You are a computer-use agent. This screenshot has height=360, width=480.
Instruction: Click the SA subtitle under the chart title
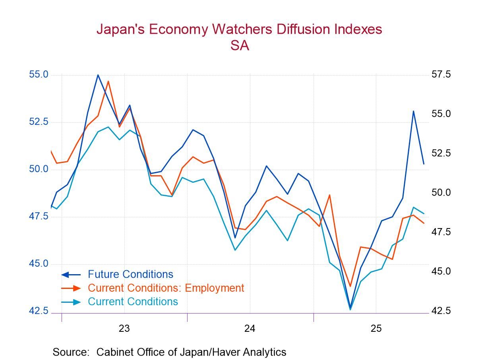(239, 46)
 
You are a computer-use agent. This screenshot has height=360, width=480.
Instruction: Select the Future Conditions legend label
(130, 274)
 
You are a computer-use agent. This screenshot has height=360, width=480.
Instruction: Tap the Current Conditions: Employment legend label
(166, 288)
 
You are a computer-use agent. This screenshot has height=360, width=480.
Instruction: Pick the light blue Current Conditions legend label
(133, 302)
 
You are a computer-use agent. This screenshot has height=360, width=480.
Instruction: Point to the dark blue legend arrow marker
(71, 275)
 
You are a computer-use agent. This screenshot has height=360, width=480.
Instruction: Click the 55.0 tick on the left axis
(39, 75)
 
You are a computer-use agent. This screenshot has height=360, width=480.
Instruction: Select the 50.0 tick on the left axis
(39, 169)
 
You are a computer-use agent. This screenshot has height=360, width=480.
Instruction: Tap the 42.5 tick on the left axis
(39, 311)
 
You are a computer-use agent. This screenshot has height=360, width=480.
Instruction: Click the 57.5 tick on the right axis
(441, 75)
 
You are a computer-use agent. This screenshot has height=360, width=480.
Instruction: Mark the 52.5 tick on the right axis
(441, 153)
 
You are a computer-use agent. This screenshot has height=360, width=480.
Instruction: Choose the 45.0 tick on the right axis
(441, 271)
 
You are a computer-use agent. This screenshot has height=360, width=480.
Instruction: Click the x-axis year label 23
(124, 329)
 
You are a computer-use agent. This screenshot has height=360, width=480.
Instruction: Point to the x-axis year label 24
(250, 329)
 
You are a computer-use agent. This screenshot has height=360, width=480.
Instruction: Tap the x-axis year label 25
(376, 329)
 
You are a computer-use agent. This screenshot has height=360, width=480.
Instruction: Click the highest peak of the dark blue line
(98, 75)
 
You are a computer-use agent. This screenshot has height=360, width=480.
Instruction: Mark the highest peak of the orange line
(108, 81)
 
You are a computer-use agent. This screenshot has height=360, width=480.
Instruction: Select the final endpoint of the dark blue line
(424, 164)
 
